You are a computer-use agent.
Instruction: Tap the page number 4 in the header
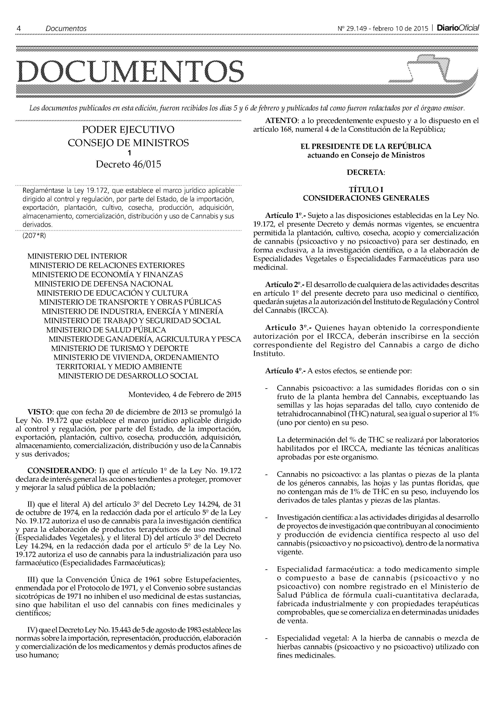tap(19, 29)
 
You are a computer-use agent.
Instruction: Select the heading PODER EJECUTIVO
tap(128, 130)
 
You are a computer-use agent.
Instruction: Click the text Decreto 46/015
tap(128, 165)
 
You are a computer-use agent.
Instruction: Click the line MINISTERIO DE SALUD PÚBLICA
tap(106, 330)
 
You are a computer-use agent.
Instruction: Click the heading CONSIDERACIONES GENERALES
tap(366, 198)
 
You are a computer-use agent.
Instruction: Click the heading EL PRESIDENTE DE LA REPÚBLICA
tap(366, 147)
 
